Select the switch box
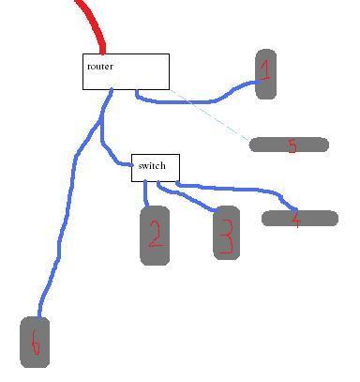point(155,167)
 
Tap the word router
point(99,67)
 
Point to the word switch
point(151,166)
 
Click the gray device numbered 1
point(265,74)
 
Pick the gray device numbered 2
point(155,236)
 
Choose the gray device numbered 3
point(225,232)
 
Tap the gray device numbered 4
point(299,219)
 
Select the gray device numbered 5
point(289,145)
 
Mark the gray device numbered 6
point(35,342)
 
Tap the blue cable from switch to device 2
point(146,193)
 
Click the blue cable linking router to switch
point(103,141)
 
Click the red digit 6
point(35,344)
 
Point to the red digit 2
point(156,235)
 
